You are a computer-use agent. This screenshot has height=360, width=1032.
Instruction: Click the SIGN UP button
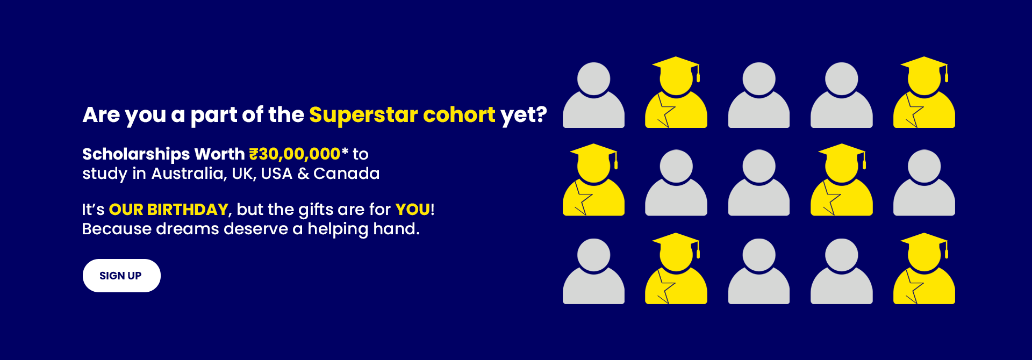click(121, 276)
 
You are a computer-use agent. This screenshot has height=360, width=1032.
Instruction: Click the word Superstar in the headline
click(363, 115)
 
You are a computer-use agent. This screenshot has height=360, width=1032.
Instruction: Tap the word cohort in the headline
click(459, 115)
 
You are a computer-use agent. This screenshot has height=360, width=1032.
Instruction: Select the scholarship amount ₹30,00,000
click(295, 154)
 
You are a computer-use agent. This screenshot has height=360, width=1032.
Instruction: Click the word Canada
click(347, 174)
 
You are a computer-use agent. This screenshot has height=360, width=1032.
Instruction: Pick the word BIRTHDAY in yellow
click(188, 210)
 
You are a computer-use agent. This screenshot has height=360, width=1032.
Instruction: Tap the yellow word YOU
click(413, 210)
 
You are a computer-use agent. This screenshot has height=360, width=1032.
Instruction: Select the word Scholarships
click(136, 155)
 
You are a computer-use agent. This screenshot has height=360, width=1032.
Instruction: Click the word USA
click(277, 174)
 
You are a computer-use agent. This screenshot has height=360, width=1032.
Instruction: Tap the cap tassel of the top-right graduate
click(947, 74)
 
